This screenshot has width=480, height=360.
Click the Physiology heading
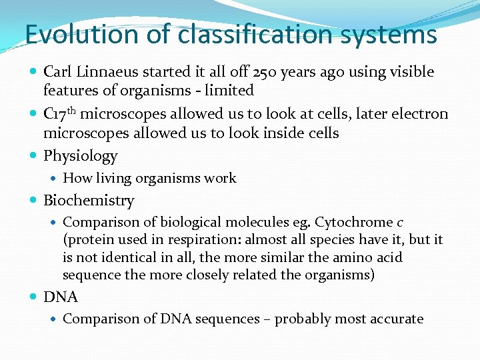80,157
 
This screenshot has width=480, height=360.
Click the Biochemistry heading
89,201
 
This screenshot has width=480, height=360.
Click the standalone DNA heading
61,297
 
